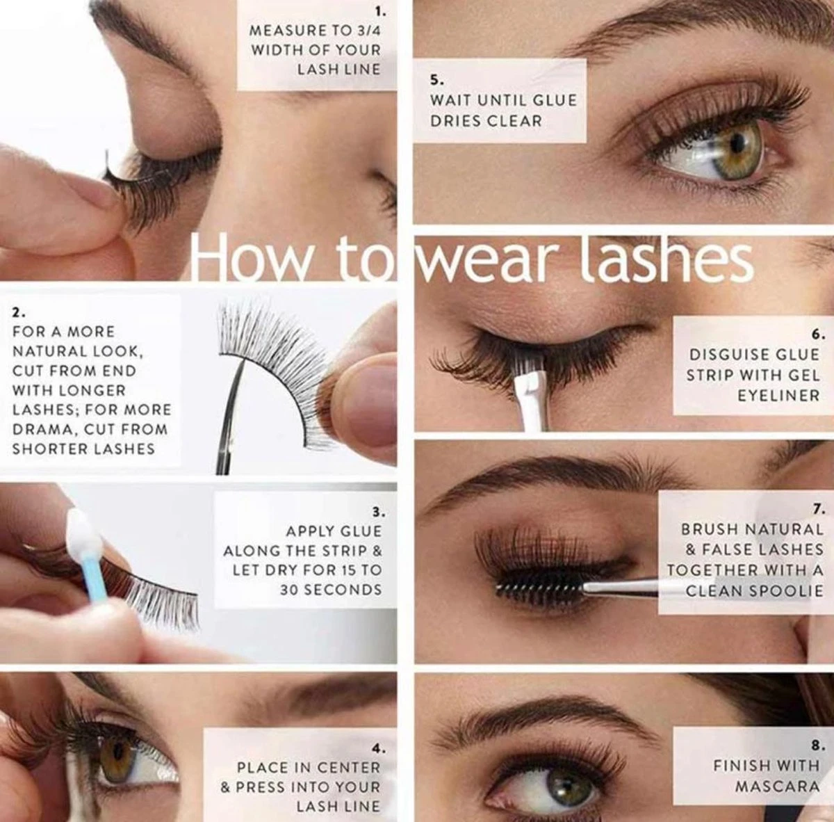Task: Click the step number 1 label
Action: (x=380, y=13)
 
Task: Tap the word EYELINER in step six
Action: (x=778, y=395)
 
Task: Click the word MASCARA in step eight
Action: (x=777, y=786)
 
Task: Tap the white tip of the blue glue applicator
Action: (x=83, y=532)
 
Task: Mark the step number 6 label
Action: (x=815, y=335)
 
